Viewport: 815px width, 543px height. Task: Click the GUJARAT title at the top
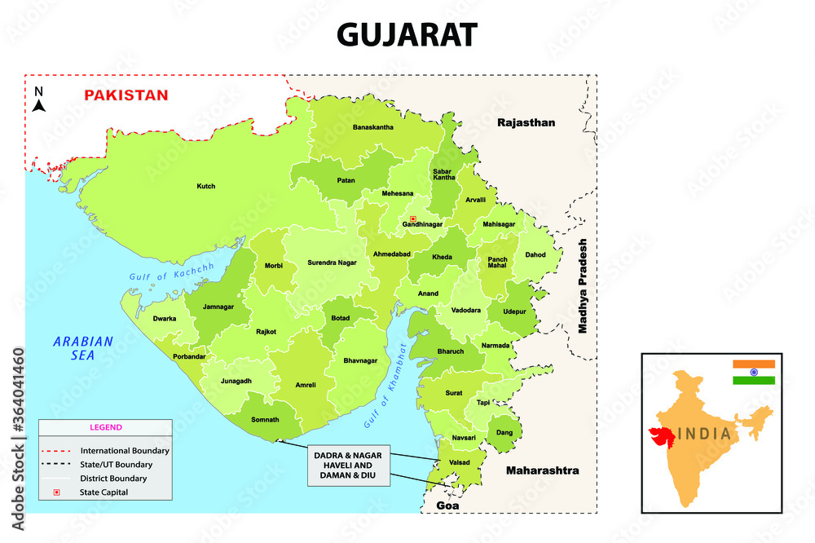pos(407,35)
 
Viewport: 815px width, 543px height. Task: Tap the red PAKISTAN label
pos(126,95)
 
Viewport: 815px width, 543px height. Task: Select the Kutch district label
pos(206,186)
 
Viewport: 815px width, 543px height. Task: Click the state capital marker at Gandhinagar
pos(413,219)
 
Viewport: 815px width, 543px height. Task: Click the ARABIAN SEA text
pos(84,348)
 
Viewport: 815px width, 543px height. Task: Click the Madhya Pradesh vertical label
pos(583,287)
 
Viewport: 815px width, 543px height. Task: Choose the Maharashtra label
pos(542,470)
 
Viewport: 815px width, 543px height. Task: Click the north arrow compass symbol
pos(39,99)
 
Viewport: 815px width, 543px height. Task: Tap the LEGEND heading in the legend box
pos(105,427)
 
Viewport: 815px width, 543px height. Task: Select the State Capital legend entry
pos(104,492)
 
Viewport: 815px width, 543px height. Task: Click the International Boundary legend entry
pos(124,450)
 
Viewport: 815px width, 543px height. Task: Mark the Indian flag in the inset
pos(753,373)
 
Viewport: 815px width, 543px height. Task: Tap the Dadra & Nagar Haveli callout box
pos(349,466)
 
